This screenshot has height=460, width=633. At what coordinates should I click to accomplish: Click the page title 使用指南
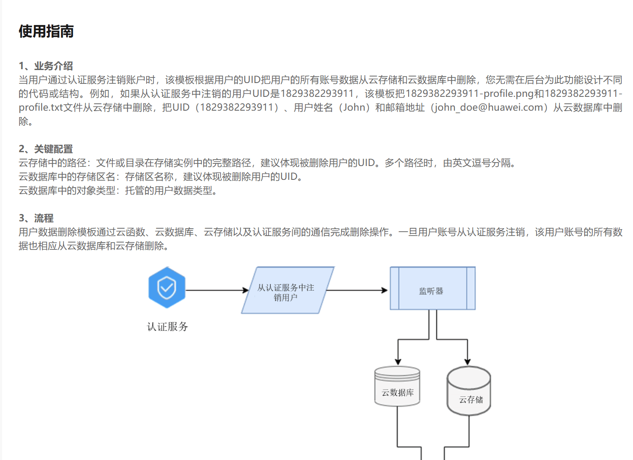[x=46, y=32]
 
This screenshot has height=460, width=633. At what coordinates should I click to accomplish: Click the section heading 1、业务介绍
[x=46, y=66]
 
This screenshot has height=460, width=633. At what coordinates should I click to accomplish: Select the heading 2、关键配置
[x=46, y=149]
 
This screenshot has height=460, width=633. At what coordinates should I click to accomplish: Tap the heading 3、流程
[x=36, y=218]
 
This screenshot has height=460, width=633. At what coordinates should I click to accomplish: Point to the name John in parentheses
[x=354, y=107]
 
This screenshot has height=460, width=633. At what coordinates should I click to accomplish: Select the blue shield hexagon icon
[x=167, y=287]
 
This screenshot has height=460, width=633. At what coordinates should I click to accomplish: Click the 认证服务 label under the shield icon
[x=168, y=326]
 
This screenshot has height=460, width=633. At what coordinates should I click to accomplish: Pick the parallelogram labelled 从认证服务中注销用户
[x=286, y=291]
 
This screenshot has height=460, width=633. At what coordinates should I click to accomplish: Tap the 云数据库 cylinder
[x=397, y=387]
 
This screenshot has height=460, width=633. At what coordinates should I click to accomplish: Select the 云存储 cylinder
[x=469, y=391]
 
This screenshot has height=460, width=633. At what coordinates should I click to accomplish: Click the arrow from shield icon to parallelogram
[x=216, y=290]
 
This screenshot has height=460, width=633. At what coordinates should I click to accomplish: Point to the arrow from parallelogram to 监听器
[x=357, y=290]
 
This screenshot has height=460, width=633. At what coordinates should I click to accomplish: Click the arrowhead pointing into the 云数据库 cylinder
[x=398, y=361]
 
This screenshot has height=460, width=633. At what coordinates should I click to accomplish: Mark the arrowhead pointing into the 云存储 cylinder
[x=467, y=361]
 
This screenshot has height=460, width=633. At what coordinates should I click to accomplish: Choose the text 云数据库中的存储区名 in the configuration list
[x=67, y=176]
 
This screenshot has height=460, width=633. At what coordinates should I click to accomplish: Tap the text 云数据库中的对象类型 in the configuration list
[x=67, y=190]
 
